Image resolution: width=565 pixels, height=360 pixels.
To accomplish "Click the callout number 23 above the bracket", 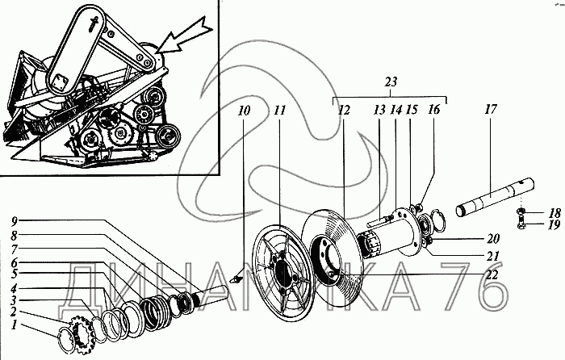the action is tap(391, 82).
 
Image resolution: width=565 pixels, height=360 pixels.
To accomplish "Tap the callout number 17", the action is tap(491, 109).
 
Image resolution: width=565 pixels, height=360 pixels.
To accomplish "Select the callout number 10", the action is tap(244, 111).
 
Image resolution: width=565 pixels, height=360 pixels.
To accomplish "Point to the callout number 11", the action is tap(279, 111).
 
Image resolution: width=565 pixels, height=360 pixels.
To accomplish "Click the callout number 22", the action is tap(492, 274).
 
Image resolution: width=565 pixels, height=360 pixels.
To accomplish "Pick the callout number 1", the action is tap(14, 324).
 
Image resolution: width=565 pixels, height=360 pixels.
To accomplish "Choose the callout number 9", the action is tap(14, 220).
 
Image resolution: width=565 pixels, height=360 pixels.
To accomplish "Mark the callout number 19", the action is tap(555, 225).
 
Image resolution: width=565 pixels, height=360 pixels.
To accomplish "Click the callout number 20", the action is tap(493, 239).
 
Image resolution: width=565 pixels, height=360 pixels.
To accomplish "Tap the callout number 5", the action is tap(14, 274).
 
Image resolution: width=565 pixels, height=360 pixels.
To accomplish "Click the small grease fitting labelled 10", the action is tap(236, 278).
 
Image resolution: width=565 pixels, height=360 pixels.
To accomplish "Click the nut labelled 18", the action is tap(521, 211).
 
